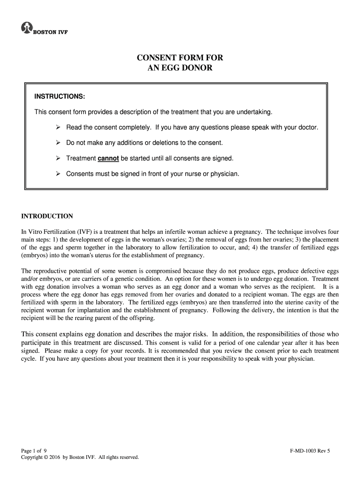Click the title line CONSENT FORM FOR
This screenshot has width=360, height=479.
180,58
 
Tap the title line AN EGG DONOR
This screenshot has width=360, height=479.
180,68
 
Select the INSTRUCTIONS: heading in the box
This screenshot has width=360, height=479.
59,97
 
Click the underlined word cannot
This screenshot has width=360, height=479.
108,158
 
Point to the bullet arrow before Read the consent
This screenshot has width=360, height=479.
58,127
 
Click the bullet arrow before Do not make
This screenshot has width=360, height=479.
58,143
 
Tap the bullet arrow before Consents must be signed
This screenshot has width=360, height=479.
58,174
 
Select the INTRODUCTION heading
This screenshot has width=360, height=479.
47,216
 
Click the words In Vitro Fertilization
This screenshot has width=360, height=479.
46,232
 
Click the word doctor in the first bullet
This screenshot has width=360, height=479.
308,127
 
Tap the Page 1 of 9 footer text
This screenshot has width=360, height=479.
34,450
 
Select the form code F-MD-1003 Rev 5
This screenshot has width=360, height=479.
310,450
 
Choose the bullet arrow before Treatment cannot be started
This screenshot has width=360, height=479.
58,158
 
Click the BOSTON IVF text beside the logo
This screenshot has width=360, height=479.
50,32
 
